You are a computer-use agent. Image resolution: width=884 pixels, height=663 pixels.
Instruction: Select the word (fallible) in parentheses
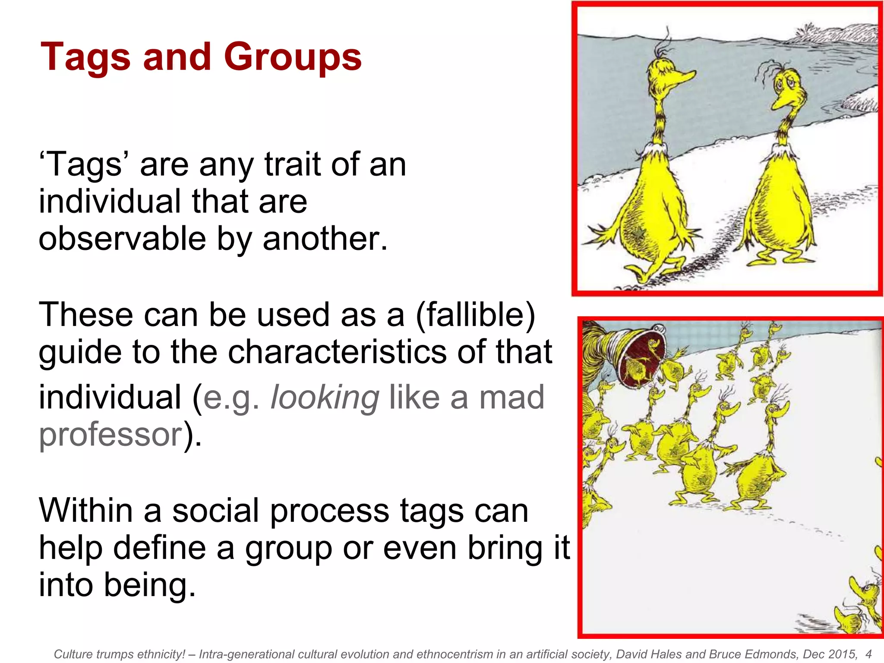[x=475, y=315]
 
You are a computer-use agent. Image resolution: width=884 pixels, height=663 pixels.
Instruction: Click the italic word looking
[x=325, y=398]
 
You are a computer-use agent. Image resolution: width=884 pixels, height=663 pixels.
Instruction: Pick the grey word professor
[x=110, y=434]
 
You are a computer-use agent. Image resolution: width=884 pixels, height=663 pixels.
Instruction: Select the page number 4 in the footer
[x=868, y=654]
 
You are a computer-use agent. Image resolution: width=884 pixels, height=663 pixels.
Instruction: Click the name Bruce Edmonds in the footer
[x=740, y=654]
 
